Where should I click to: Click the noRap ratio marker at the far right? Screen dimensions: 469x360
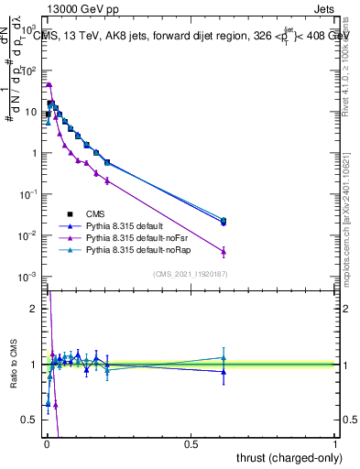(224, 357)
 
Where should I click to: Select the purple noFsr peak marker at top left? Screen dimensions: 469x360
(49, 84)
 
